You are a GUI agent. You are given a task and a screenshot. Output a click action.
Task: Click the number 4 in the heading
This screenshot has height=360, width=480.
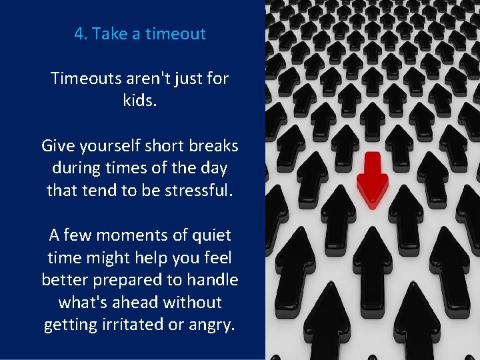click(x=79, y=34)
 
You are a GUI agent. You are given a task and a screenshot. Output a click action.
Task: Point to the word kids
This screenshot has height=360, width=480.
click(x=140, y=101)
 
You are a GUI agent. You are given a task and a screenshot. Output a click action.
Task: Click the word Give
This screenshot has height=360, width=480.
click(x=57, y=145)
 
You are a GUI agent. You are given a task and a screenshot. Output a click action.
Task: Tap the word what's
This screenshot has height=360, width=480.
click(x=83, y=302)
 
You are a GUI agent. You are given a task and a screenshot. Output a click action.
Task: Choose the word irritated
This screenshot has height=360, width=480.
click(x=130, y=325)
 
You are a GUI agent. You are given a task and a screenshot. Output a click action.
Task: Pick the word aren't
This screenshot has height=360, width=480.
click(x=155, y=79)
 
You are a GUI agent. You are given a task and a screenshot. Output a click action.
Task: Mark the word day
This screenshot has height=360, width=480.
click(x=213, y=168)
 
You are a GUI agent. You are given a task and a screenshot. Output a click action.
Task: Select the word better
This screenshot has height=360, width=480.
click(x=65, y=280)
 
